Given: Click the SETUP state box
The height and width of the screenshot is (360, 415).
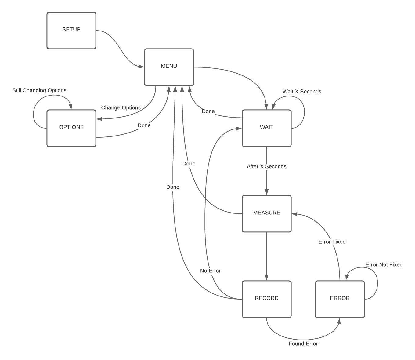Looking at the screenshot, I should [71, 30].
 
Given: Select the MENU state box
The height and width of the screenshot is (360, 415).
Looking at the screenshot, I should [169, 67].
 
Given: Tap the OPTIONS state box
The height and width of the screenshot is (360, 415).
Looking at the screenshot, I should [71, 128].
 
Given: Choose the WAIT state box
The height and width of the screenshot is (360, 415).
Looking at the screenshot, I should [266, 128].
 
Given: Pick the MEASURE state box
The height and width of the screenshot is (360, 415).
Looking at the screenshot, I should [266, 213].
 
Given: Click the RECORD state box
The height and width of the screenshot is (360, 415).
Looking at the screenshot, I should [266, 299].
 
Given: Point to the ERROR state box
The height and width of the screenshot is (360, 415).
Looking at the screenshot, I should [340, 299].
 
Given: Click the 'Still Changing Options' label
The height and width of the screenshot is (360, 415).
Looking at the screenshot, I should [39, 90].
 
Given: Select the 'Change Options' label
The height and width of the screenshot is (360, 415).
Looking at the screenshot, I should [121, 107].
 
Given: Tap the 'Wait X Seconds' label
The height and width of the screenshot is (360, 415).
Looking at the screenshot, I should [302, 91].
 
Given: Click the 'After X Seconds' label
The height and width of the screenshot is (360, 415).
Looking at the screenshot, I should [266, 166].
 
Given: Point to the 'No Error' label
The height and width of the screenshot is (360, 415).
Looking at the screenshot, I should [210, 271].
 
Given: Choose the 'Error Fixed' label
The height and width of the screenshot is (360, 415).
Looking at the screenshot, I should [332, 242].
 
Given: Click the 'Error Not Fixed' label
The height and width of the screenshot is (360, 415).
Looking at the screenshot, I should [384, 264].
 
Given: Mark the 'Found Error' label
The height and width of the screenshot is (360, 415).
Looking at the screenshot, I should [303, 344].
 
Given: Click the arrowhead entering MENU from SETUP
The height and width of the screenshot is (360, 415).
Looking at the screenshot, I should [141, 66].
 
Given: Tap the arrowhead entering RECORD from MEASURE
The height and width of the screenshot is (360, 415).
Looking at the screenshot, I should [266, 278].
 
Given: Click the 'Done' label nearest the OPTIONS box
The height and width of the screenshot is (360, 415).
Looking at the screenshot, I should [144, 125].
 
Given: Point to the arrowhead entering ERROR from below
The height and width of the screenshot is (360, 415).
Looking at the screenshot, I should [339, 321].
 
